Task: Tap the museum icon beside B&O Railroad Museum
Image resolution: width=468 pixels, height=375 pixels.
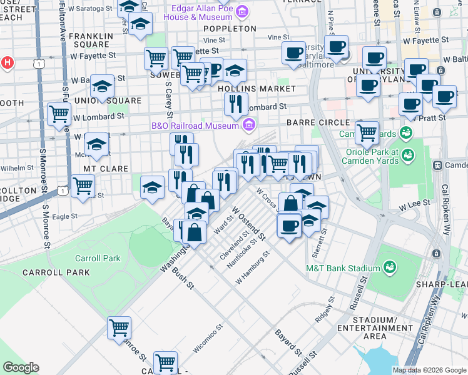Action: coord(250,126)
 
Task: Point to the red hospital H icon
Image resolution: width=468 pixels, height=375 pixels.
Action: coord(7,62)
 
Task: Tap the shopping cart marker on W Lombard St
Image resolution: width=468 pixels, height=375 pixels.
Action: coord(59,114)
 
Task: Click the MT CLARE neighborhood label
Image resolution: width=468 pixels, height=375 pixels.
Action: coord(106,169)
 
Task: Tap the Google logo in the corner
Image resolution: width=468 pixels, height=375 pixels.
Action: coord(20,367)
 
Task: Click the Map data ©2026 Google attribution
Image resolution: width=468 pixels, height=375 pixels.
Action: coord(429,370)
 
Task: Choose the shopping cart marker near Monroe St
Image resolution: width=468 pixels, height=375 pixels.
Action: coord(119,327)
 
